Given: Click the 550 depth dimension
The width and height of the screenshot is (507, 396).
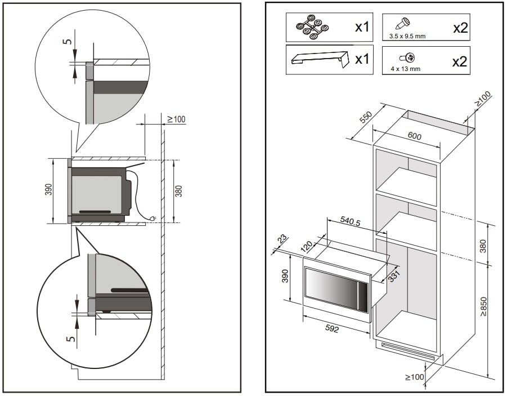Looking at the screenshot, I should (x=366, y=118).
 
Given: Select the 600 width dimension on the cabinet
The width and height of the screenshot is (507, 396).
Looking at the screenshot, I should (x=415, y=136).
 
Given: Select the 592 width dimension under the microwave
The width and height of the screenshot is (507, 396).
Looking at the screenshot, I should (x=333, y=329).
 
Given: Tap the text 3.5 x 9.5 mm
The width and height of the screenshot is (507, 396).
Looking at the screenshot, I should (x=407, y=36).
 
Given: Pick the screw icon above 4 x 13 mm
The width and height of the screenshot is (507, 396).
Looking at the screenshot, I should (x=407, y=57).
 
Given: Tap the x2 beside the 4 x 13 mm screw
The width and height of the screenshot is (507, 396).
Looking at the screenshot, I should (x=460, y=61).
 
